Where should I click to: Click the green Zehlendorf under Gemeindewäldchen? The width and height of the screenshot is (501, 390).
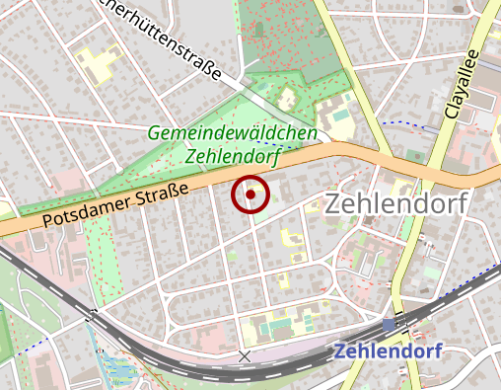tap(233, 155)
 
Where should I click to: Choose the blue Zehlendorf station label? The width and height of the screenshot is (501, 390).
tap(388, 351)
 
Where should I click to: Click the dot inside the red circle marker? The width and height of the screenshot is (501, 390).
tap(250, 195)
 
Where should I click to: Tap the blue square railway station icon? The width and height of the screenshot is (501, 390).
tap(389, 324)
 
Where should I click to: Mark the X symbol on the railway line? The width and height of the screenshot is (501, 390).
tap(245, 355)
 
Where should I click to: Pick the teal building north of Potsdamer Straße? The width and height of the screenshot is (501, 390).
tap(341, 116)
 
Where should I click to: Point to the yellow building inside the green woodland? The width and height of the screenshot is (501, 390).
tap(287, 100)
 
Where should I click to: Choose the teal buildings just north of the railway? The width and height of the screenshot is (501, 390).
tap(279, 323)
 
